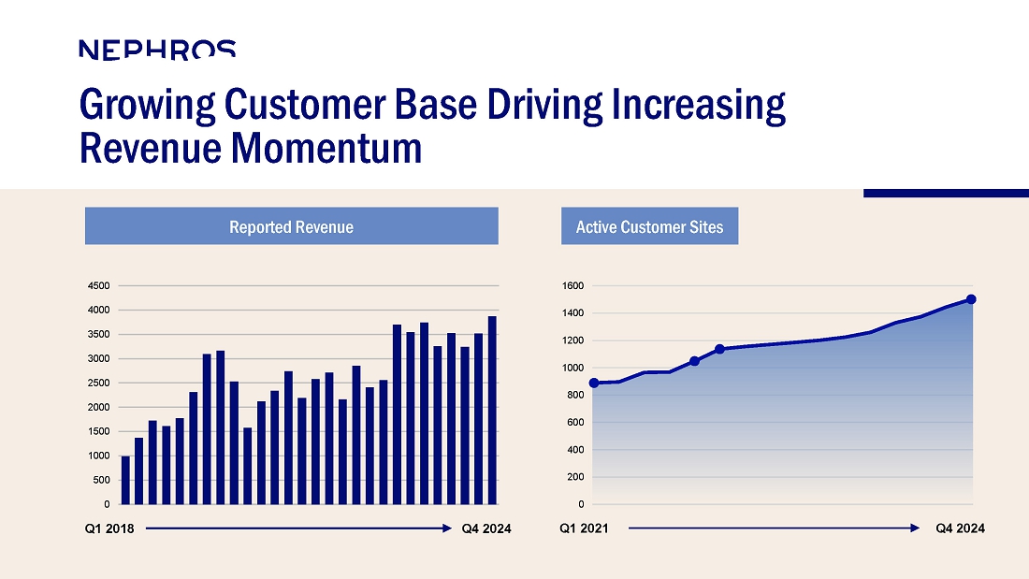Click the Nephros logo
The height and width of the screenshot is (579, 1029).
[157, 50]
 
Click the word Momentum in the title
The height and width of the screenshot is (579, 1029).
[326, 148]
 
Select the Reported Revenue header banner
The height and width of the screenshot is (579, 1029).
[291, 225]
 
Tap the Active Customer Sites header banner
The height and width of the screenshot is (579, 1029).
[650, 225]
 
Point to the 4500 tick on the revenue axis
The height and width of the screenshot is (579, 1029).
[98, 285]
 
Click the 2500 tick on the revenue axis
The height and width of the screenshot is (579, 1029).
[98, 383]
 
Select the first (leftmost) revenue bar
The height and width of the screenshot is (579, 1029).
[125, 480]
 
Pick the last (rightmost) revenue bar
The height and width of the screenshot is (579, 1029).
[492, 411]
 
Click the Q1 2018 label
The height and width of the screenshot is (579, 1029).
[109, 528]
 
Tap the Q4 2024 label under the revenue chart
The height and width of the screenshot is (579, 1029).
[486, 528]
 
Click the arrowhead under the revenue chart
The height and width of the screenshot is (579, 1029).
[447, 528]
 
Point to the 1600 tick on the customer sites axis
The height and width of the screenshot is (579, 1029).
[572, 285]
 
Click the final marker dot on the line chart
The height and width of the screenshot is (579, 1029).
[971, 299]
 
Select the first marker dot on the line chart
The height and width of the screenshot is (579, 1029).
[594, 384]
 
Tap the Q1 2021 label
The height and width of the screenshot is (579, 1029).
[584, 528]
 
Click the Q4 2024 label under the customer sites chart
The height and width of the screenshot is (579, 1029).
[960, 528]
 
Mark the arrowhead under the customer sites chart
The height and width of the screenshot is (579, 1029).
[916, 528]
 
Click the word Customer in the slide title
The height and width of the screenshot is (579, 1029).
[305, 104]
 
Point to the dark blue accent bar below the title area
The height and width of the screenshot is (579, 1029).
[947, 193]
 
